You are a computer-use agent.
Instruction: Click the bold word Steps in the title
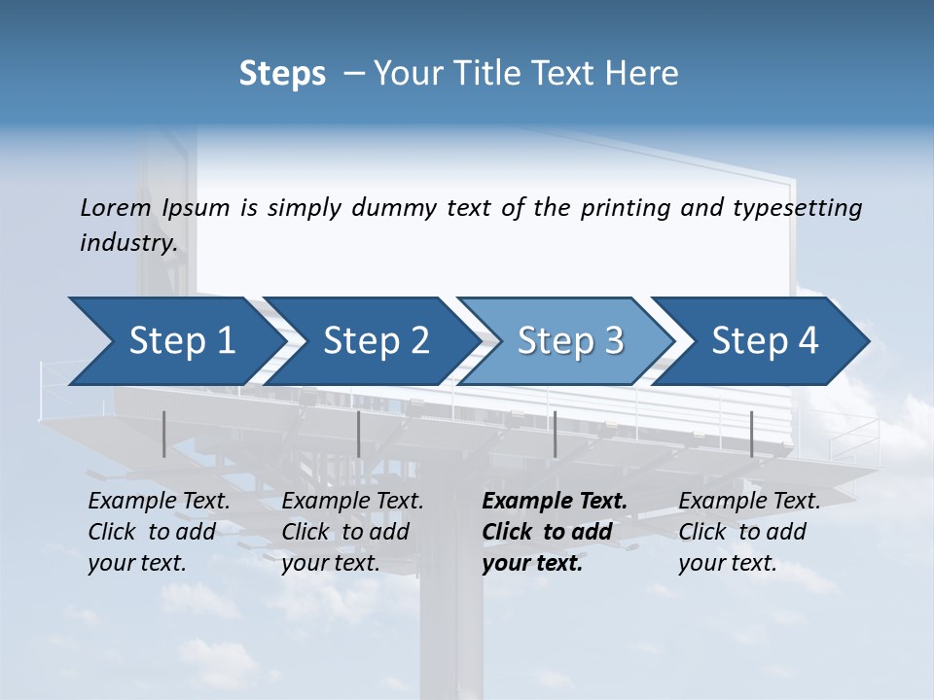[x=282, y=73]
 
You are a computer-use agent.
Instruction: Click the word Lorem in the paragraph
[x=116, y=207]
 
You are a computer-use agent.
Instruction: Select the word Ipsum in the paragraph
[x=198, y=207]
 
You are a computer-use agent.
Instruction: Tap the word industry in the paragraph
[x=127, y=242]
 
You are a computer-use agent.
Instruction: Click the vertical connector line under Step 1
[x=163, y=434]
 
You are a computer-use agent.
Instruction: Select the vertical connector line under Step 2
[x=359, y=434]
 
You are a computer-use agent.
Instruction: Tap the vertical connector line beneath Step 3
[x=555, y=434]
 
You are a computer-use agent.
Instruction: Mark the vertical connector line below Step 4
[x=751, y=434]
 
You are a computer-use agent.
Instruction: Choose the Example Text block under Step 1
[x=159, y=532]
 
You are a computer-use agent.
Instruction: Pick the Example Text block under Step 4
[x=749, y=532]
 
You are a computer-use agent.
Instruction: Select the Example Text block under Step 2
[x=352, y=532]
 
